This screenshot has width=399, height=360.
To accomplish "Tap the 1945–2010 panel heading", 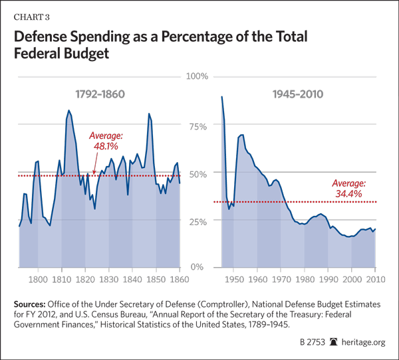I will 298,94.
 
